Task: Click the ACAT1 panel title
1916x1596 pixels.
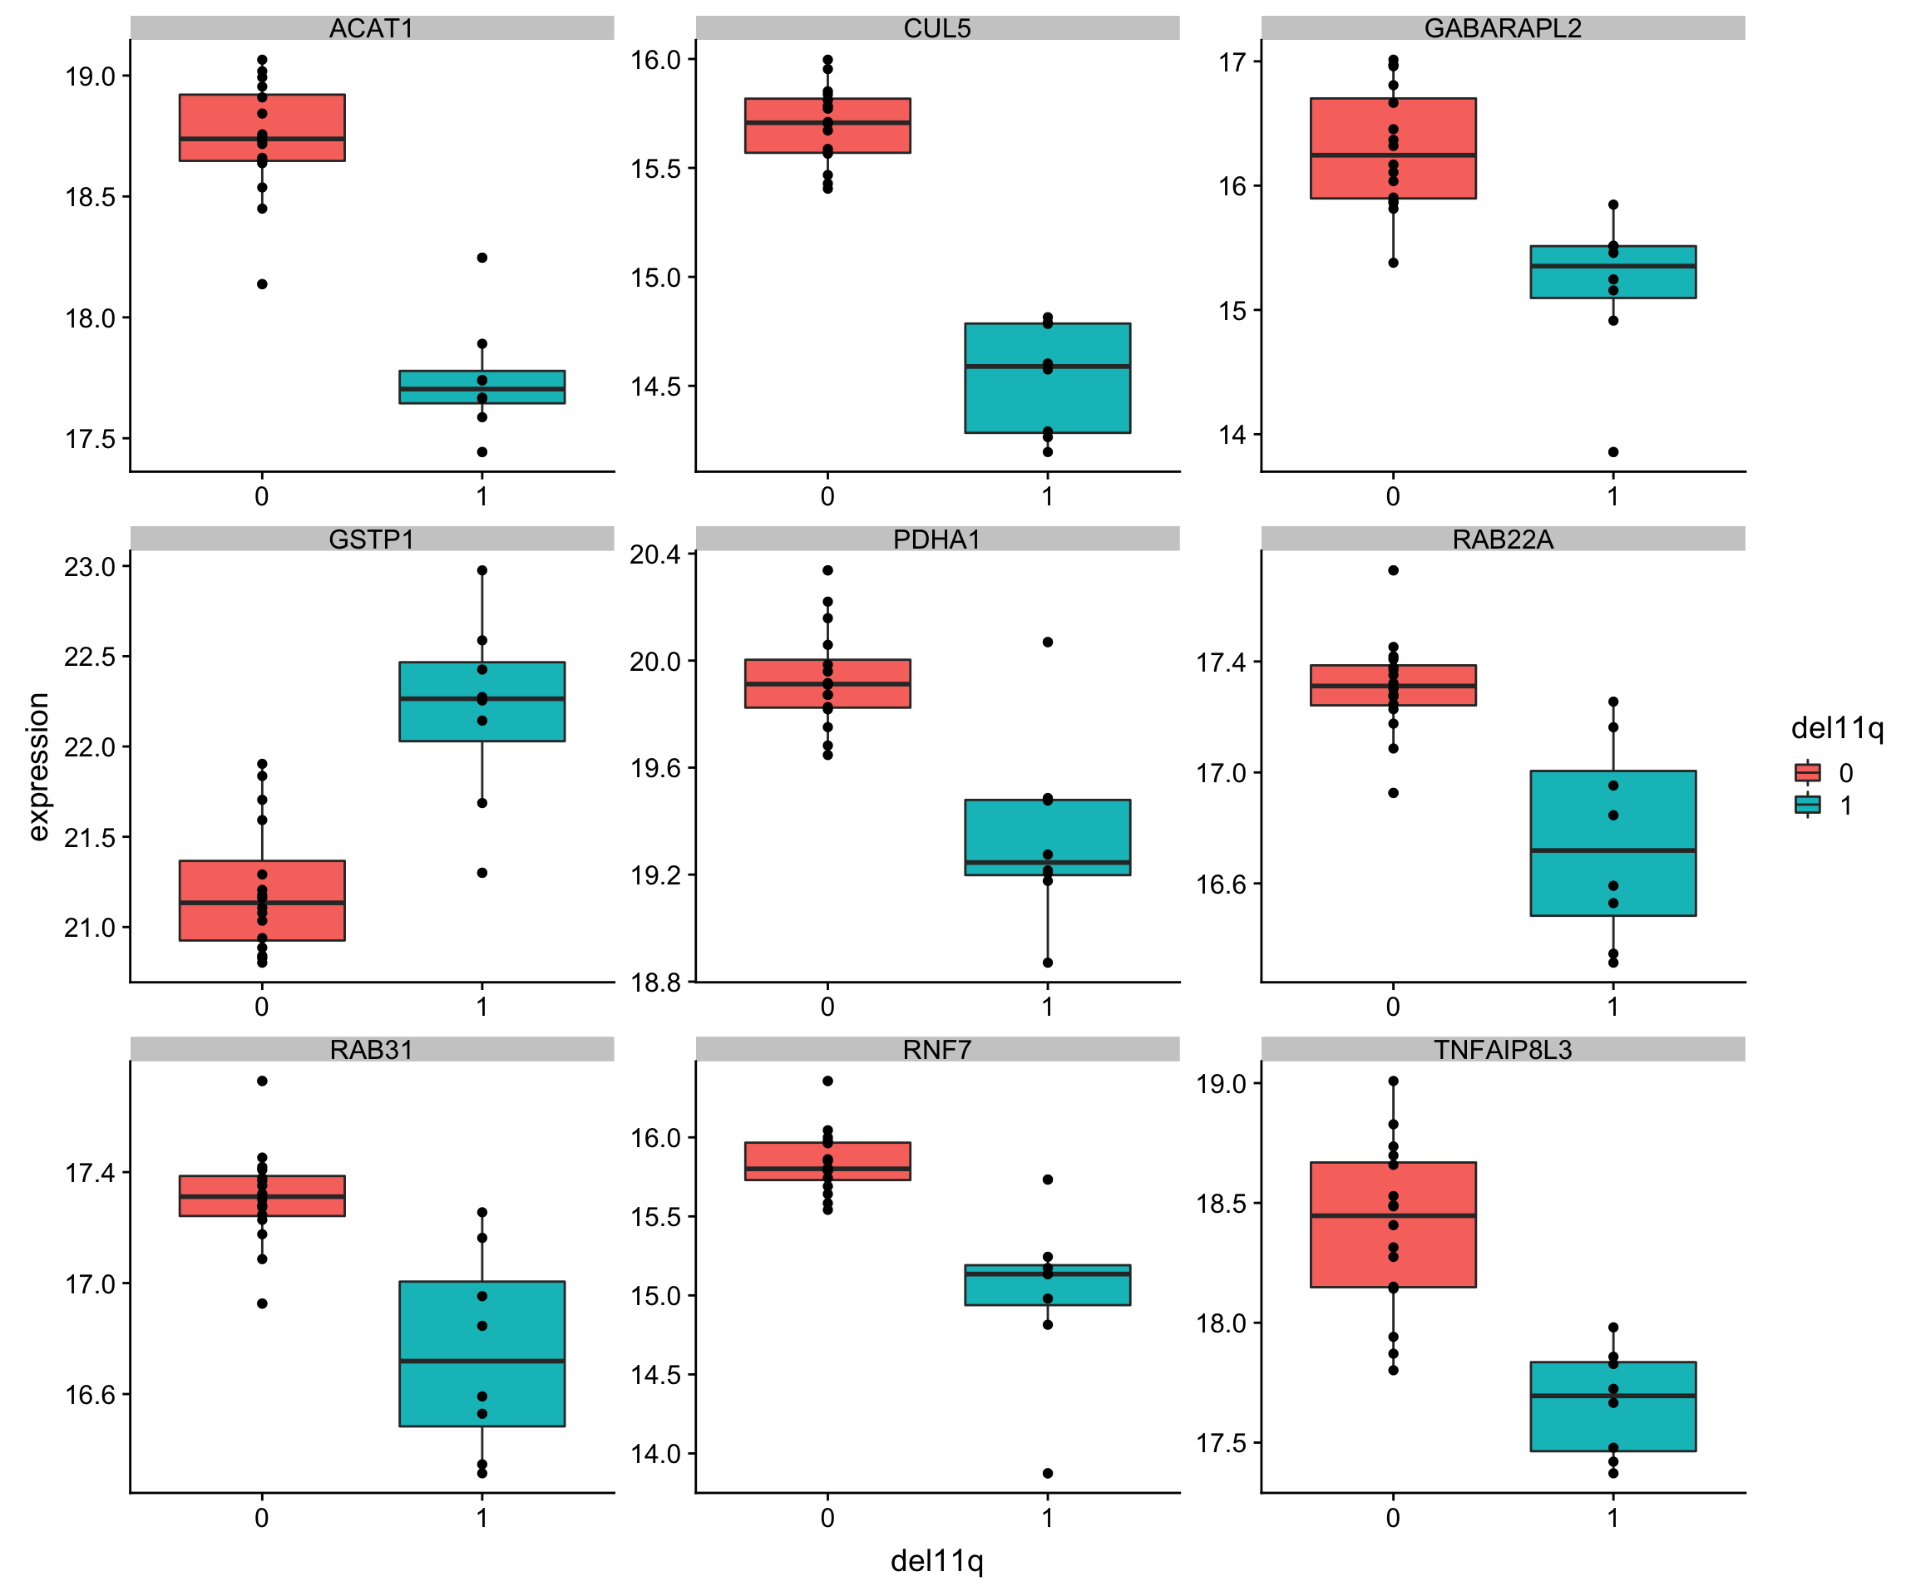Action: [372, 28]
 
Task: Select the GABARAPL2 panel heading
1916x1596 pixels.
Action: [1503, 28]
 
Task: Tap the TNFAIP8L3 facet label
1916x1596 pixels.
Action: [1503, 1050]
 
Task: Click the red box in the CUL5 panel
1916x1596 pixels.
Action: [827, 137]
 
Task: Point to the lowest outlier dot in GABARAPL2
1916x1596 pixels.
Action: [1613, 451]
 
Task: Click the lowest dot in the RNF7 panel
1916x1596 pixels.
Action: [1048, 1473]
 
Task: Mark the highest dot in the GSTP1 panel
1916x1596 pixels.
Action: [481, 570]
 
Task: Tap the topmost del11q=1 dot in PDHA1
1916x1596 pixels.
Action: [1048, 642]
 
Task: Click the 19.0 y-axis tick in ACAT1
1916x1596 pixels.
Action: [91, 76]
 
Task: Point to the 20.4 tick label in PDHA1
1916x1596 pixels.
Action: [655, 554]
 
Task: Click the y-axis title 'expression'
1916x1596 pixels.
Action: [37, 766]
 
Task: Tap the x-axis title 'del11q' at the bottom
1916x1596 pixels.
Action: [937, 1560]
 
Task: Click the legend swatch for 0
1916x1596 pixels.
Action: [1807, 772]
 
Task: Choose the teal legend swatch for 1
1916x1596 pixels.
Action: [1807, 805]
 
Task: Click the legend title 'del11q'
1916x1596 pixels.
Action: [1837, 728]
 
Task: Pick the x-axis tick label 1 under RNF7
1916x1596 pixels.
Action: [1048, 1518]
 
